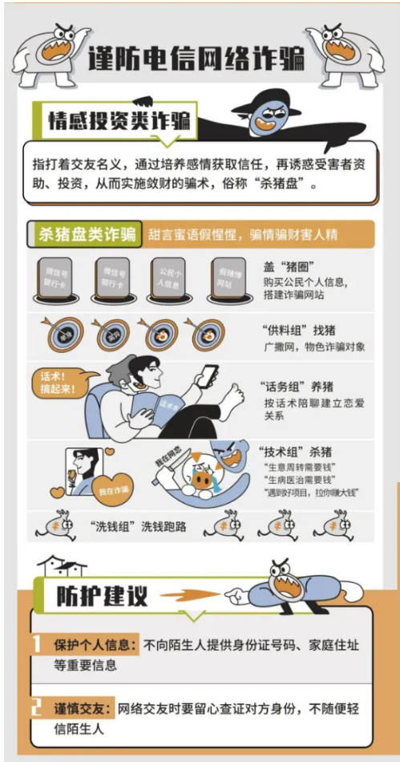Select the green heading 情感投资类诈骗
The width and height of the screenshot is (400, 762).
tap(119, 121)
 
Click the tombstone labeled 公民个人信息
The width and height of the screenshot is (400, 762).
tap(166, 278)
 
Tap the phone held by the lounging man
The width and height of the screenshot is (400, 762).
tap(208, 375)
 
